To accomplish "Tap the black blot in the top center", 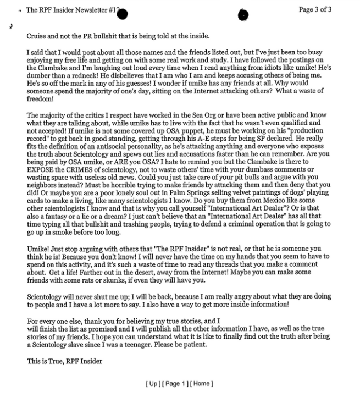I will [243, 15].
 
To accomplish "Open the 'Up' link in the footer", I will [153, 383].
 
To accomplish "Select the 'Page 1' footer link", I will [174, 383].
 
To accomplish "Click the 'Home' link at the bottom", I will [201, 383].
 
